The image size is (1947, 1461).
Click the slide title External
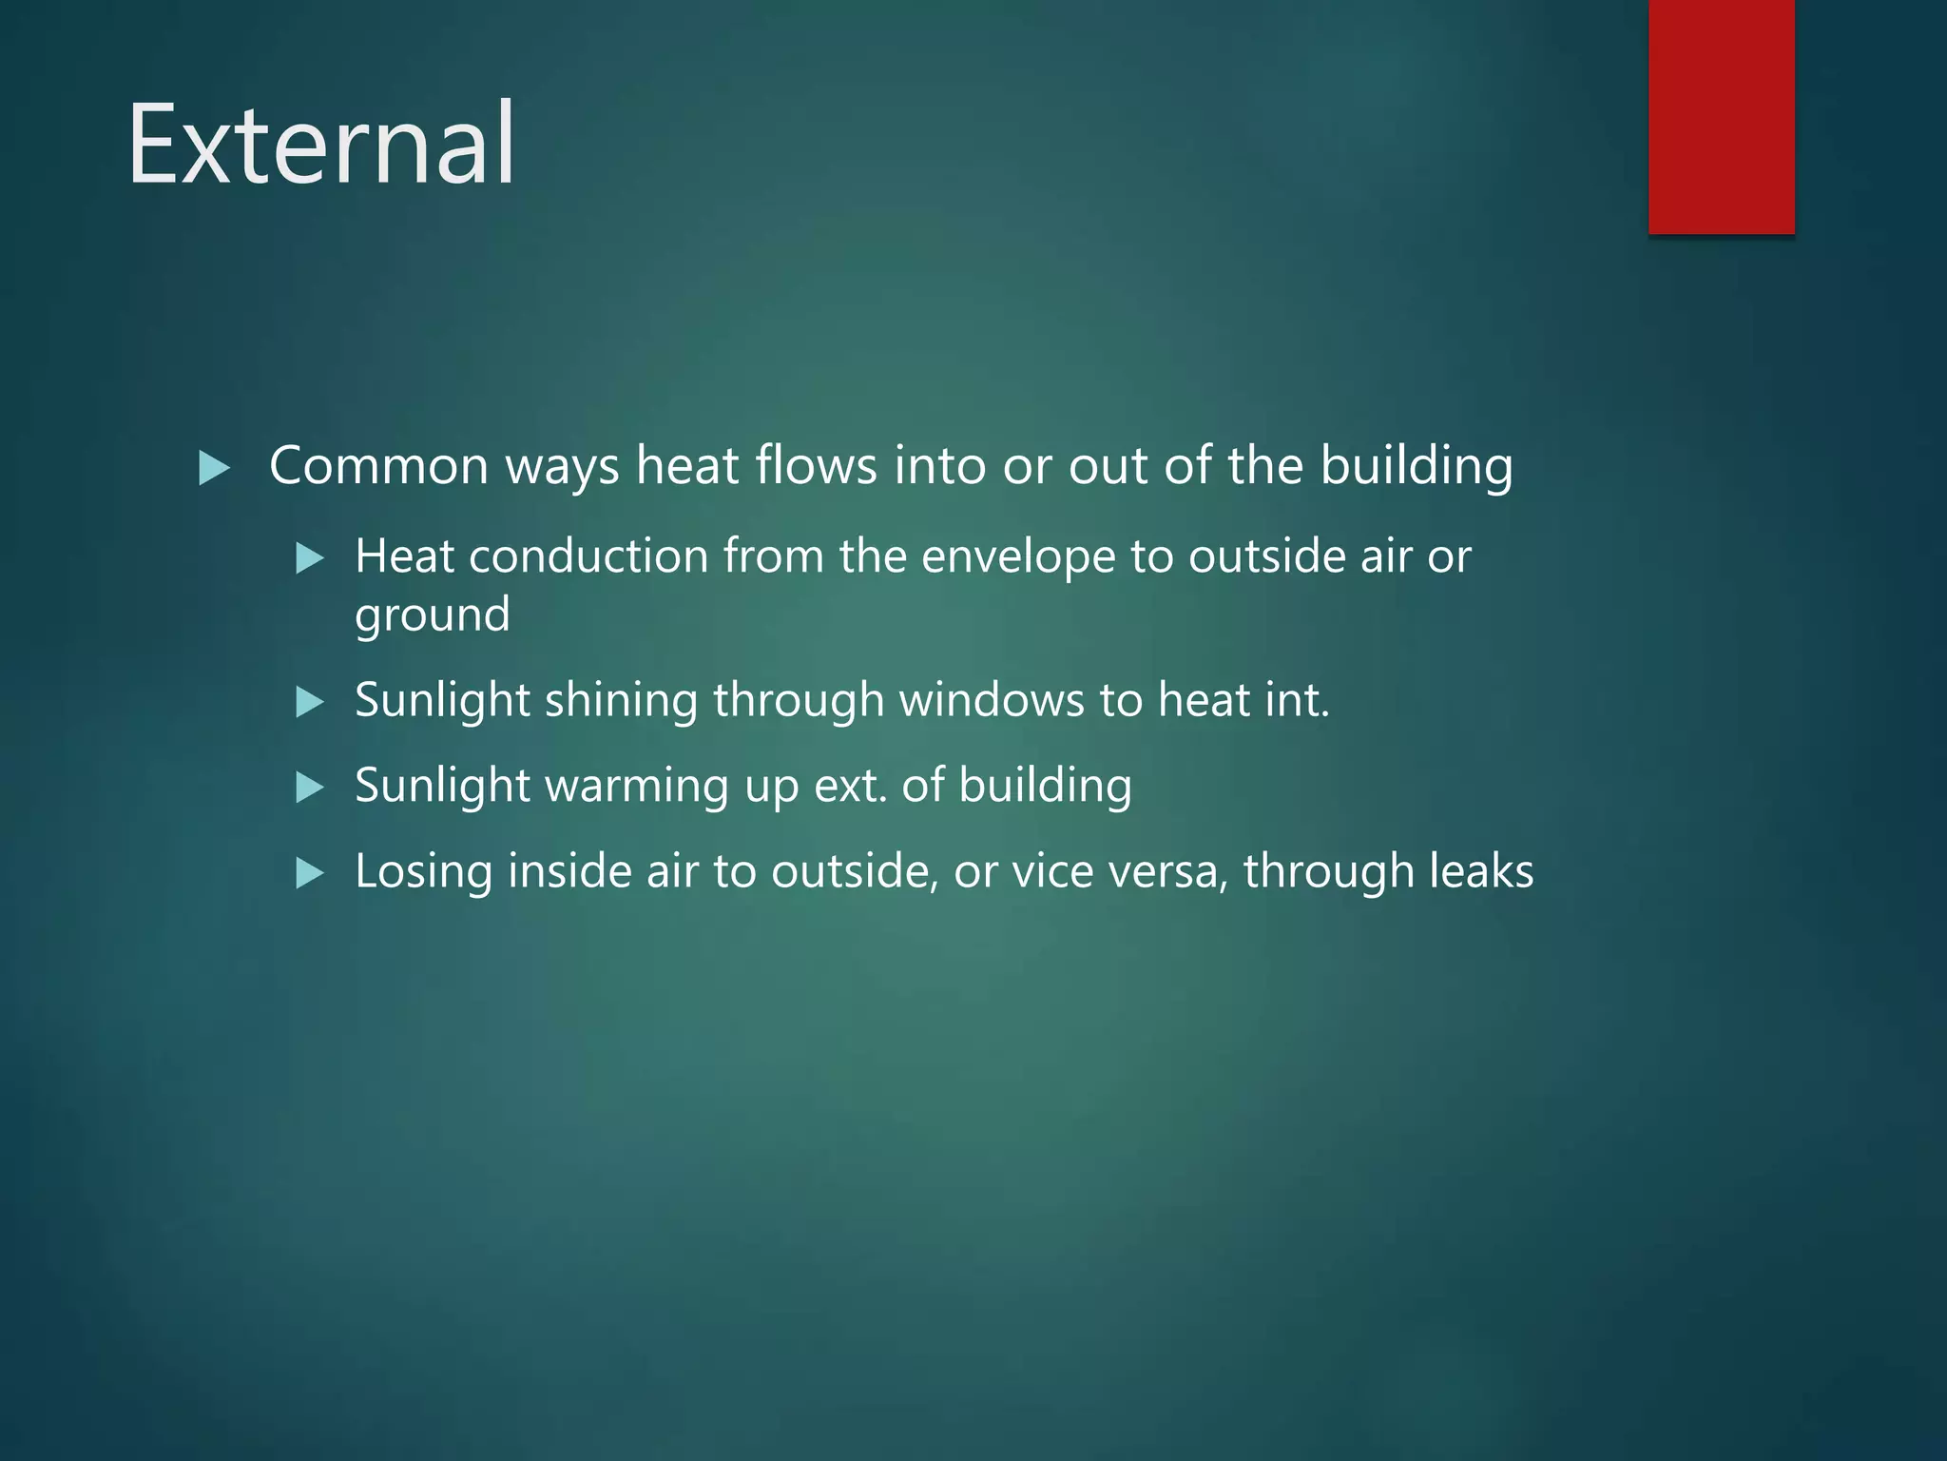pyautogui.click(x=321, y=145)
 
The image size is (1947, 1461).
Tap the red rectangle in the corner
pyautogui.click(x=1721, y=116)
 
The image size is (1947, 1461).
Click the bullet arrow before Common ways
pyautogui.click(x=214, y=468)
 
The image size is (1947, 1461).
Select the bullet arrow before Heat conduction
pyautogui.click(x=310, y=558)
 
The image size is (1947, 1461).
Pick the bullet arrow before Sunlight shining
pyautogui.click(x=310, y=703)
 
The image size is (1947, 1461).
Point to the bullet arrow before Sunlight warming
pyautogui.click(x=310, y=788)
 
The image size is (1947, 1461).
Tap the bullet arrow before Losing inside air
pyautogui.click(x=310, y=873)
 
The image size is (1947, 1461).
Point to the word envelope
pyautogui.click(x=1017, y=558)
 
